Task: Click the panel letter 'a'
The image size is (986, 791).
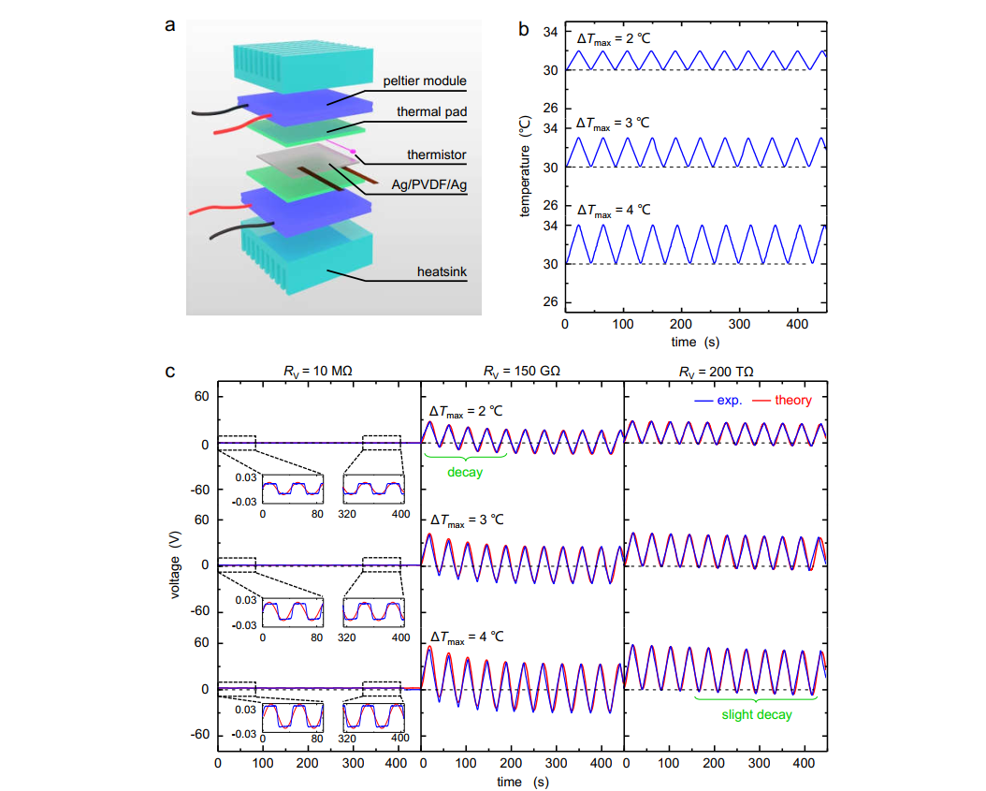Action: (x=169, y=25)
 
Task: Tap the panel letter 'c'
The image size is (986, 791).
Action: (x=169, y=371)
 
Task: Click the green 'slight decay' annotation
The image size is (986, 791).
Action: (x=756, y=714)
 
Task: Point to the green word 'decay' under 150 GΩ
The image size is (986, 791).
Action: (x=465, y=472)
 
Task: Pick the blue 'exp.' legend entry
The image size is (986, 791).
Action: (x=727, y=400)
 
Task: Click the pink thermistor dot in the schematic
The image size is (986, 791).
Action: (x=353, y=150)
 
